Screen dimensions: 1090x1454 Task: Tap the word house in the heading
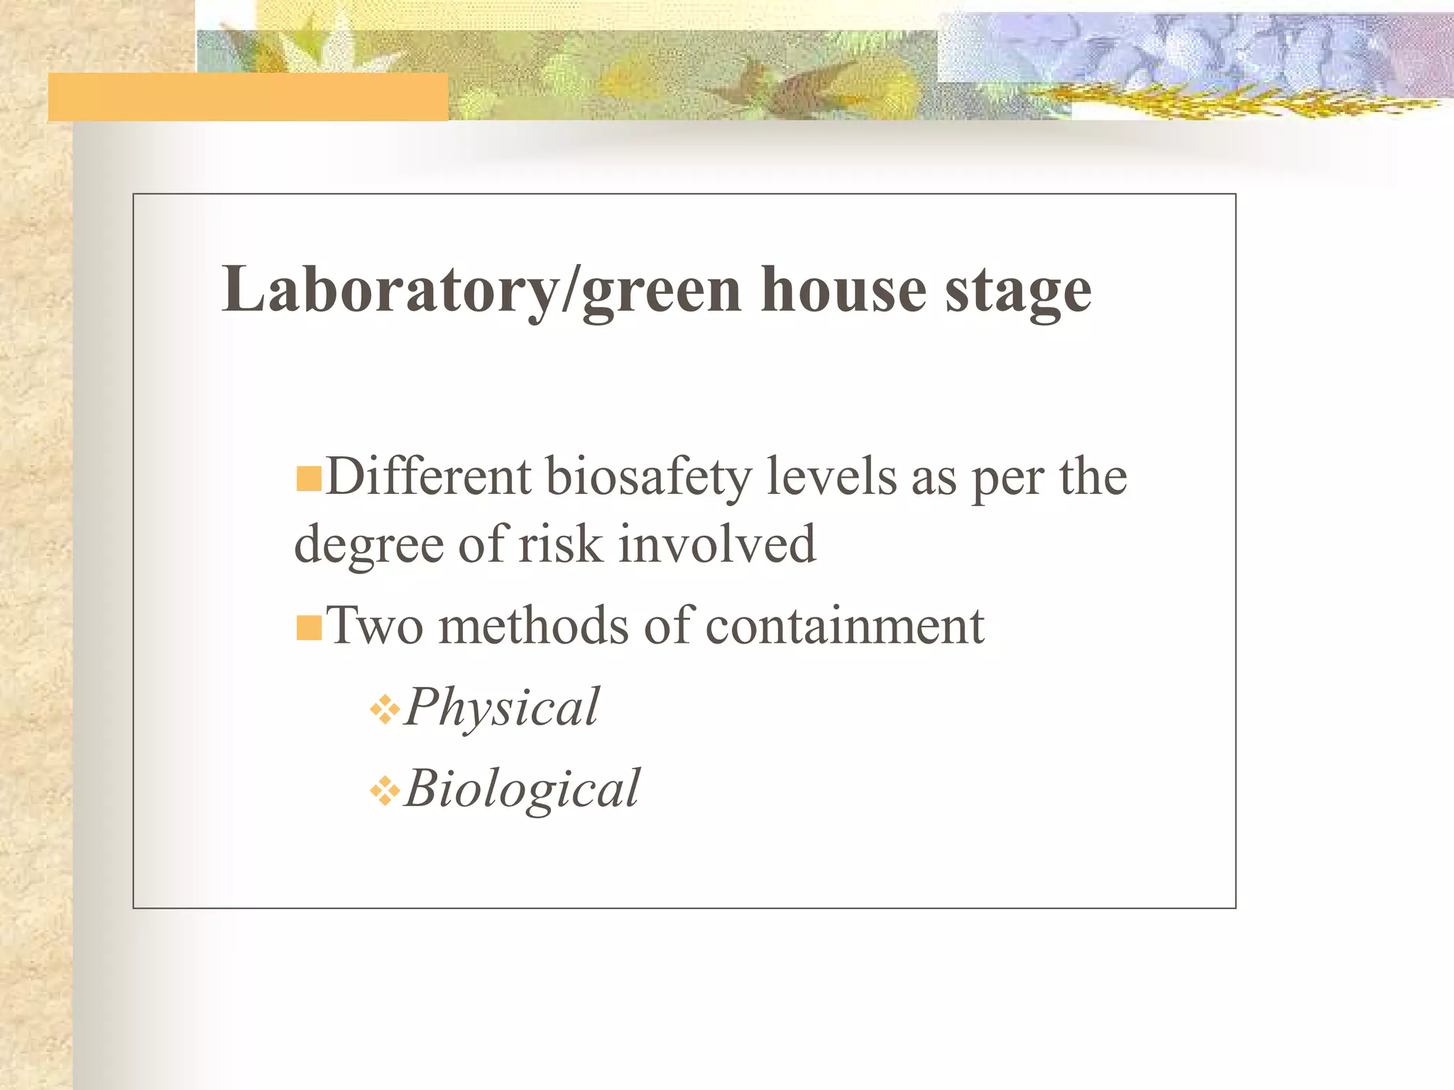coord(843,290)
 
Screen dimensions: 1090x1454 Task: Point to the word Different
coord(428,476)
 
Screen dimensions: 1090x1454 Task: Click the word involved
coord(717,544)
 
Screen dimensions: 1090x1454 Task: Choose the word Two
coord(375,626)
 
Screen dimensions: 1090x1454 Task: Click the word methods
coord(534,626)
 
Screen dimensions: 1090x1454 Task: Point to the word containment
coord(845,626)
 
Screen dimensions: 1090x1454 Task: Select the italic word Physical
coord(502,708)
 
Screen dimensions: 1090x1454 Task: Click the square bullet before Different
coord(309,479)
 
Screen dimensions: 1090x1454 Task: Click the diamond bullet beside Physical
coord(385,710)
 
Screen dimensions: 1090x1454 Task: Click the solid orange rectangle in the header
coord(248,97)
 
